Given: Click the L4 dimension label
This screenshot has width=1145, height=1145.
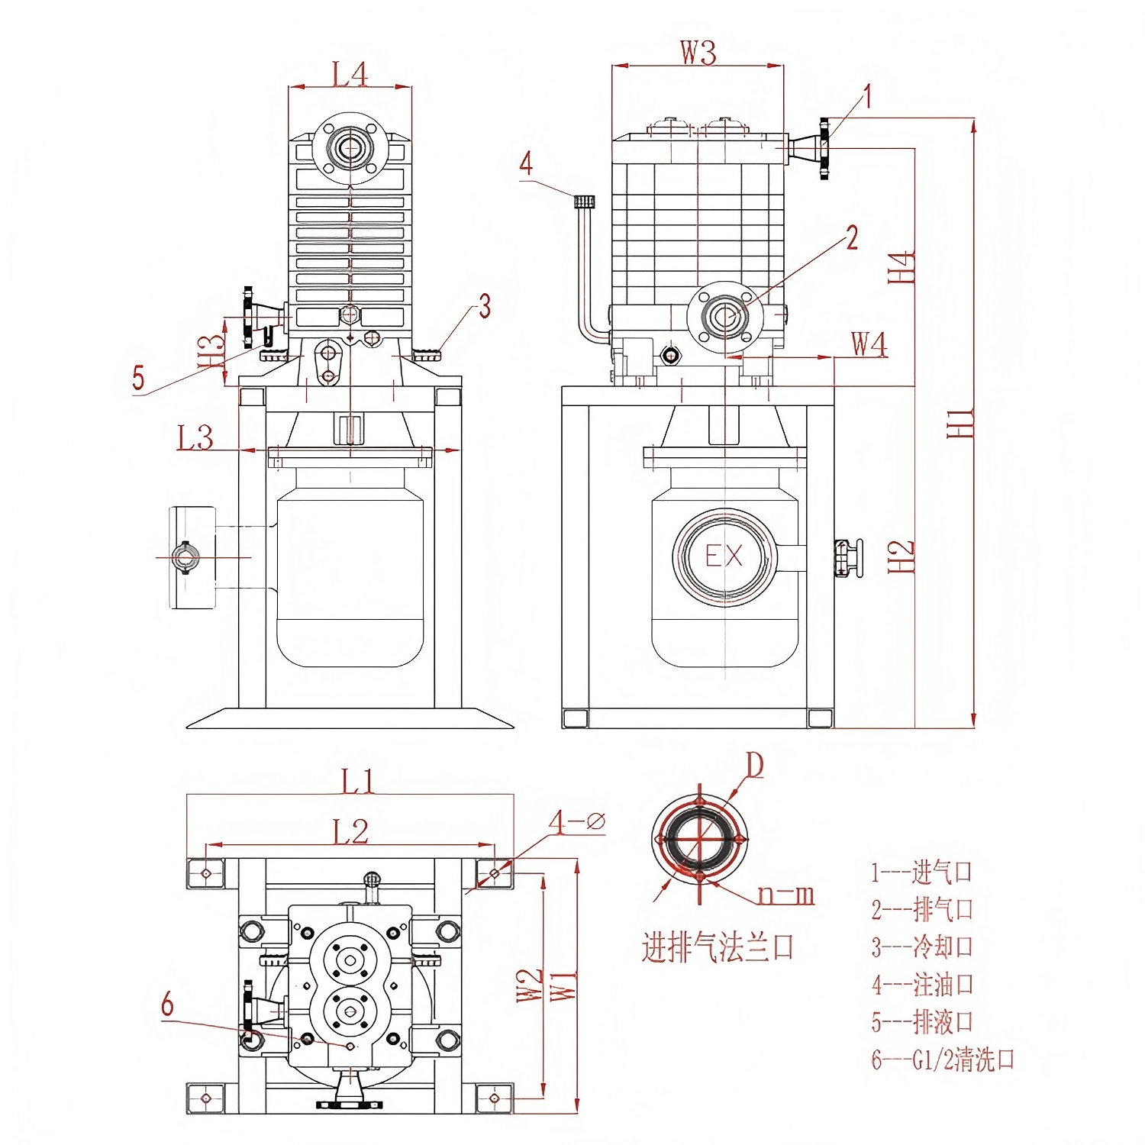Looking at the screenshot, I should pos(350,74).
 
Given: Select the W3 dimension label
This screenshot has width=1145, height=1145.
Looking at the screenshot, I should pos(698,53).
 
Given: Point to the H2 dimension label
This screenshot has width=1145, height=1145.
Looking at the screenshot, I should pos(901,557).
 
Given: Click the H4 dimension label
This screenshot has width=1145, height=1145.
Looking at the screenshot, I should pos(901,267).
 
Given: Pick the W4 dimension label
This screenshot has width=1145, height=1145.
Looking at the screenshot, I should pos(869,344).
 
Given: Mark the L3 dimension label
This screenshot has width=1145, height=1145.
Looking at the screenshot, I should pos(195,438).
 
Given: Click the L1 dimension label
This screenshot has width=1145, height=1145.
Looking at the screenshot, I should pos(357,782).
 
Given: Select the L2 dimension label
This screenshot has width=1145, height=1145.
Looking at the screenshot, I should pos(350,831).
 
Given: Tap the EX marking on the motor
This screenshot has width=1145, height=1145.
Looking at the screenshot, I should pos(724,556).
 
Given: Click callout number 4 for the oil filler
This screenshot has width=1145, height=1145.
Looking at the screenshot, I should pos(526,163).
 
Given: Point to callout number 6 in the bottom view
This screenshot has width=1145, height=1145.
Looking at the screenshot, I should pos(167,1005).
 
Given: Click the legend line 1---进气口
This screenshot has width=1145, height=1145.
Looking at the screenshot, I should pos(921,872).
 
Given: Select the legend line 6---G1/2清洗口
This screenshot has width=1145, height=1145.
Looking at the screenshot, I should pos(943,1060).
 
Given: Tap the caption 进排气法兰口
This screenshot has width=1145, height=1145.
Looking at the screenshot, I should pos(718,948).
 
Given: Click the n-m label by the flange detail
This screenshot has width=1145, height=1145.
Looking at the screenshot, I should pos(785,895).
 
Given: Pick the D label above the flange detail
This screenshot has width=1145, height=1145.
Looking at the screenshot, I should pos(754,765).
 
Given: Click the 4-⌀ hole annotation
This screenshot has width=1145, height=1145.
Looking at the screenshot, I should pos(576,821).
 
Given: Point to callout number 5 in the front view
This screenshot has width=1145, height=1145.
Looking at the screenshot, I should pos(138,377).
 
